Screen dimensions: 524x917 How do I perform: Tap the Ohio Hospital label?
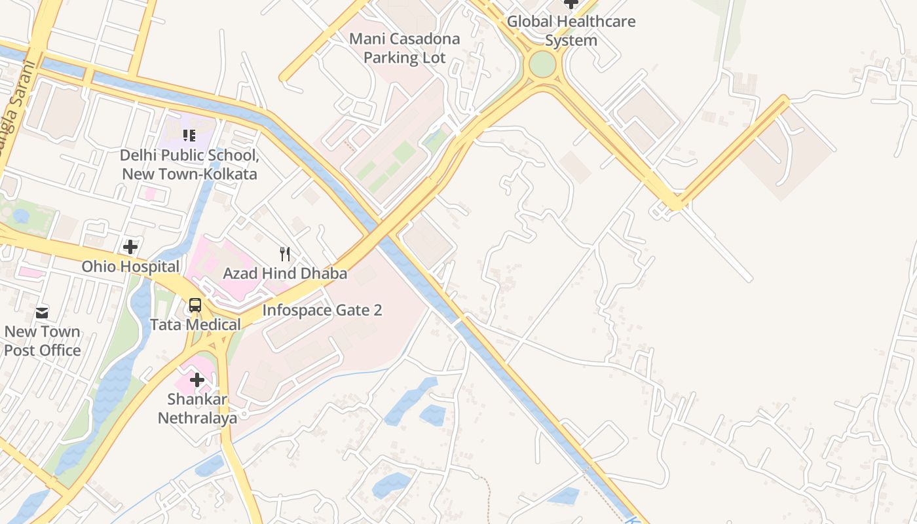130,267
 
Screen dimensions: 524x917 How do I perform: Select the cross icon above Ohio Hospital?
130,247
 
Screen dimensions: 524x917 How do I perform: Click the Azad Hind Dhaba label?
285,273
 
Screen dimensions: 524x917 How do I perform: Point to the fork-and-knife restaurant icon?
285,254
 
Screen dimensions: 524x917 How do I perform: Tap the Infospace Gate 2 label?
322,310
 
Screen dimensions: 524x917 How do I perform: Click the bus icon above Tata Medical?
195,305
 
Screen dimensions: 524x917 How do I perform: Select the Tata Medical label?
195,324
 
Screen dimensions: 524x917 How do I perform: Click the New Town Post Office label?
43,341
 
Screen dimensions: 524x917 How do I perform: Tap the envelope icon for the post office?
43,312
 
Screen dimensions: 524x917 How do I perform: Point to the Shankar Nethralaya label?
197,408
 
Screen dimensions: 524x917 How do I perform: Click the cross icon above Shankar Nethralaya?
197,380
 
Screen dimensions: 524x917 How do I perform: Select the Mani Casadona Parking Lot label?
404,48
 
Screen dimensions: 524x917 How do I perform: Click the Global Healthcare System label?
571,31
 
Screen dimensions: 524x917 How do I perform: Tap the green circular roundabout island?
542,64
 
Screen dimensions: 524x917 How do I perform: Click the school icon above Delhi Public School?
189,136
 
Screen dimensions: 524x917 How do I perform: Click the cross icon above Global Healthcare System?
571,3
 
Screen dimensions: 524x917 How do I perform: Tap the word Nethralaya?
197,418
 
